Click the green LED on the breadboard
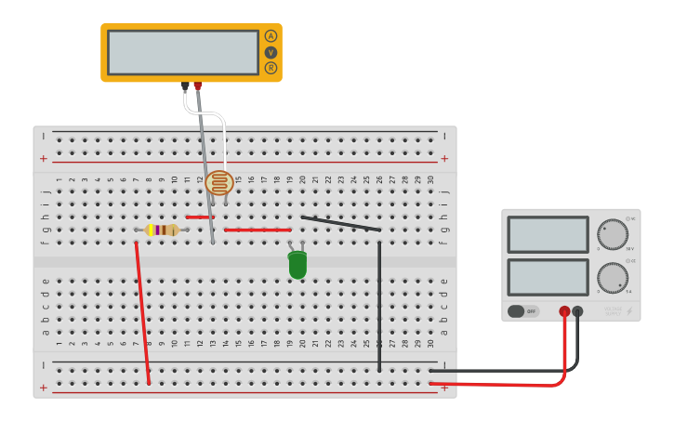[297, 265]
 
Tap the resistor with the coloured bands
[162, 230]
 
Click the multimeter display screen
[183, 52]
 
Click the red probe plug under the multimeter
[197, 86]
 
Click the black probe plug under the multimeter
[185, 86]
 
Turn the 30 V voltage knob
[612, 234]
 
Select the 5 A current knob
[612, 277]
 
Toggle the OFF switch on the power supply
[522, 311]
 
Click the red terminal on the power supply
[564, 311]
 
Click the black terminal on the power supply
[577, 311]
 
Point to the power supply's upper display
[548, 234]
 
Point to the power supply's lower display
[548, 277]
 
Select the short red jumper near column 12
[198, 217]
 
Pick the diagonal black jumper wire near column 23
[340, 223]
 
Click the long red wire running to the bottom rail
[142, 311]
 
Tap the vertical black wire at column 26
[379, 307]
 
